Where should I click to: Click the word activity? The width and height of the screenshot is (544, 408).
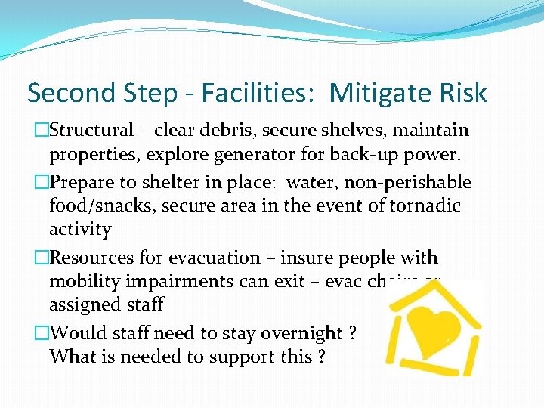80,230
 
